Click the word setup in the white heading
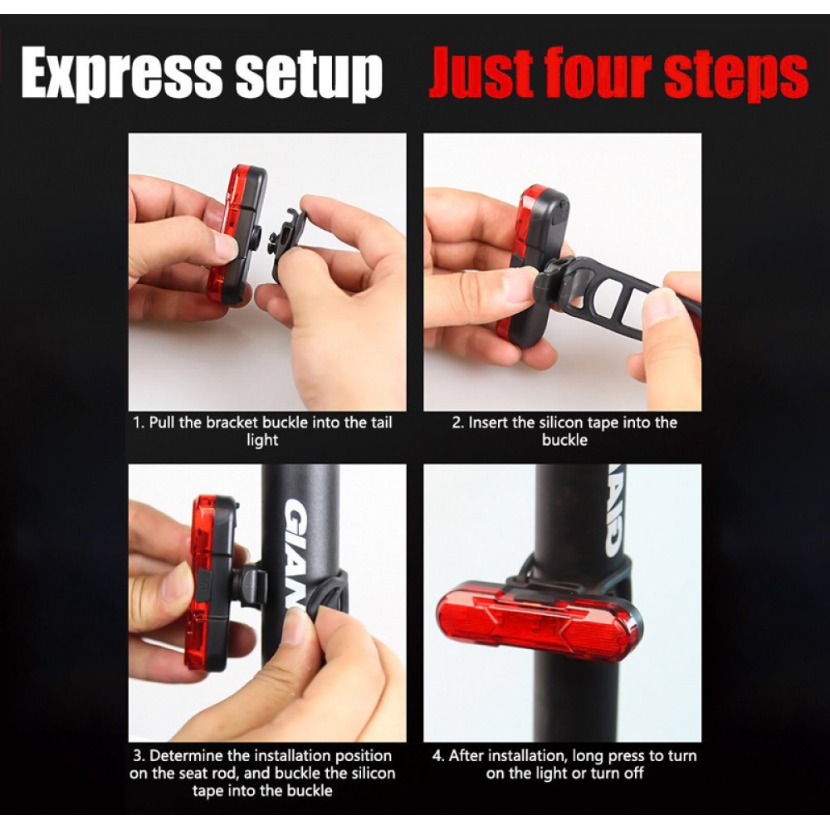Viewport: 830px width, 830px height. click(309, 74)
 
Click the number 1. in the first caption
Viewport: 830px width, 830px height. click(139, 422)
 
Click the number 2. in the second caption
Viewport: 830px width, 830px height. click(458, 422)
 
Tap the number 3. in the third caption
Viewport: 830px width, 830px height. click(139, 755)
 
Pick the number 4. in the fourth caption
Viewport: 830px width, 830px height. click(438, 755)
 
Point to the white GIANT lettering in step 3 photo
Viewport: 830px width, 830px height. click(299, 550)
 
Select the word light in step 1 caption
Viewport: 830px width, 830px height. click(262, 441)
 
